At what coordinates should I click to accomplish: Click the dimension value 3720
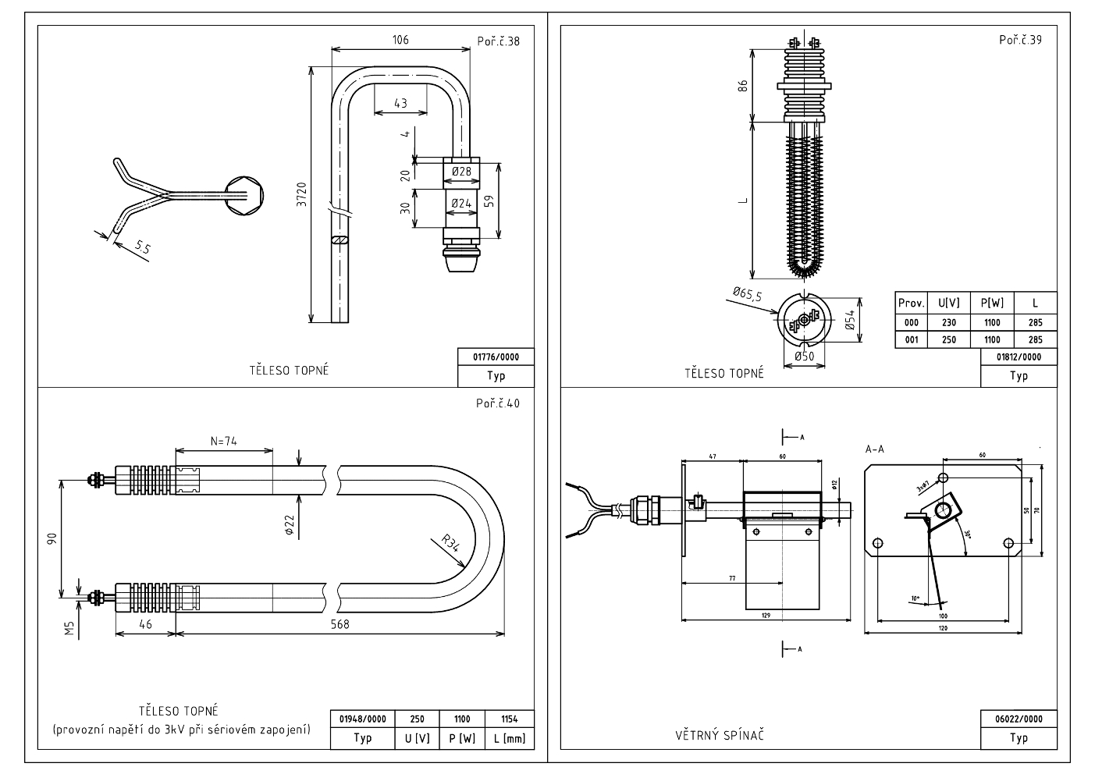coord(302,194)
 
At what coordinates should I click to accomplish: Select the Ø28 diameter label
coord(461,172)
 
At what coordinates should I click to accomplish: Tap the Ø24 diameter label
coord(461,204)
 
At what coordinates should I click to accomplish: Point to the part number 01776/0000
coord(496,357)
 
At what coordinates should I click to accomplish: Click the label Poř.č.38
coord(498,41)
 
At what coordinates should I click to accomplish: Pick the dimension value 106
coord(400,40)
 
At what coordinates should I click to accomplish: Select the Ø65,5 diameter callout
coord(748,295)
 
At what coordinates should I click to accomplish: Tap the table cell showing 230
coord(948,322)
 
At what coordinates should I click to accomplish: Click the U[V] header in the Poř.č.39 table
coord(948,303)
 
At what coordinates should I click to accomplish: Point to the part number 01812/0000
coord(1019,357)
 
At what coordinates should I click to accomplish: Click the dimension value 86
coord(743,86)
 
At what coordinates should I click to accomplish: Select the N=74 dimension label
coord(224,442)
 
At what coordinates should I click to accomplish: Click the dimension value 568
coord(340,624)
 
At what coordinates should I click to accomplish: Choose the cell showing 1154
coord(509,719)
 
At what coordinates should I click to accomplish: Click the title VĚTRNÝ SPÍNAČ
coord(719,735)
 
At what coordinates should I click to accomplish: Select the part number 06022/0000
coord(1019,719)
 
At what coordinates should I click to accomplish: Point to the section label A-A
coord(874,449)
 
